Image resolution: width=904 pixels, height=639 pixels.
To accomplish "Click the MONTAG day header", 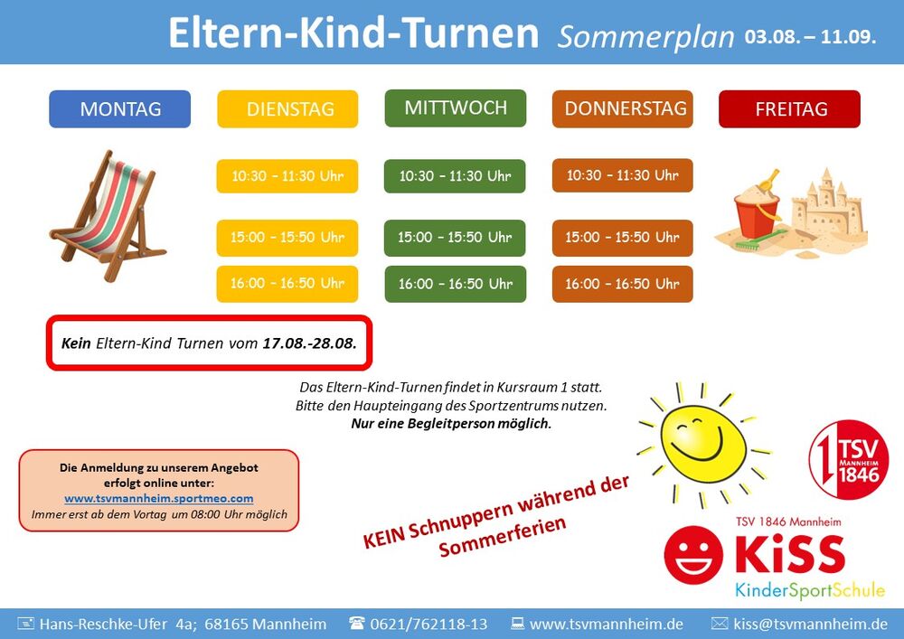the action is [120, 108].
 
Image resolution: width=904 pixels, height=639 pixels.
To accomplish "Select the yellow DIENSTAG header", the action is [287, 108].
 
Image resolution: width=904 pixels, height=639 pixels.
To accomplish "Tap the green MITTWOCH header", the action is [456, 108].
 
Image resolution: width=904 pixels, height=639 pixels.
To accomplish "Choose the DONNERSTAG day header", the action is [623, 108].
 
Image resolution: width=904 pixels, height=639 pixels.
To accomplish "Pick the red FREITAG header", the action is [790, 108].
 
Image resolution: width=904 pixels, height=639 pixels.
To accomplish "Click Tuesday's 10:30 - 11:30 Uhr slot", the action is [287, 175].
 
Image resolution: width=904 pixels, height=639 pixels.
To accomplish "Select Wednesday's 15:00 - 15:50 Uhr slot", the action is [455, 238].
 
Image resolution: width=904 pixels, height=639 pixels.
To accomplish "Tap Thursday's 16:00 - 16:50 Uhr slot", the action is [623, 284].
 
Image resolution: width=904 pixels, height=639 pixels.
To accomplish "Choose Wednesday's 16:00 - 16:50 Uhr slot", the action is [456, 284].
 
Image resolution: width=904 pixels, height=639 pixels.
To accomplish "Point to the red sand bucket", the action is [757, 213].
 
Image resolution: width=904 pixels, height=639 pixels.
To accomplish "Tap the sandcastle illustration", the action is [827, 209].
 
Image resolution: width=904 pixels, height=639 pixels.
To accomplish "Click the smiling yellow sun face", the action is [702, 444].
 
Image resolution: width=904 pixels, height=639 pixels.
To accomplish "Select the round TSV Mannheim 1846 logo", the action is [848, 459].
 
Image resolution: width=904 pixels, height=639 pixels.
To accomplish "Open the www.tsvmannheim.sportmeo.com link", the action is [158, 498].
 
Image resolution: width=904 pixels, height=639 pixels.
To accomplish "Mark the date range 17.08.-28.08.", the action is [309, 343].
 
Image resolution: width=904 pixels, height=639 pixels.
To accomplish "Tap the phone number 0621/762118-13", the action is [428, 624].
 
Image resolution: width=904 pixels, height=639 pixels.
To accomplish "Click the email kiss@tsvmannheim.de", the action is [810, 624].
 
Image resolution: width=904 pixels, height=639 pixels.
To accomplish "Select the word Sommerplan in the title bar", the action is [645, 36].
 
